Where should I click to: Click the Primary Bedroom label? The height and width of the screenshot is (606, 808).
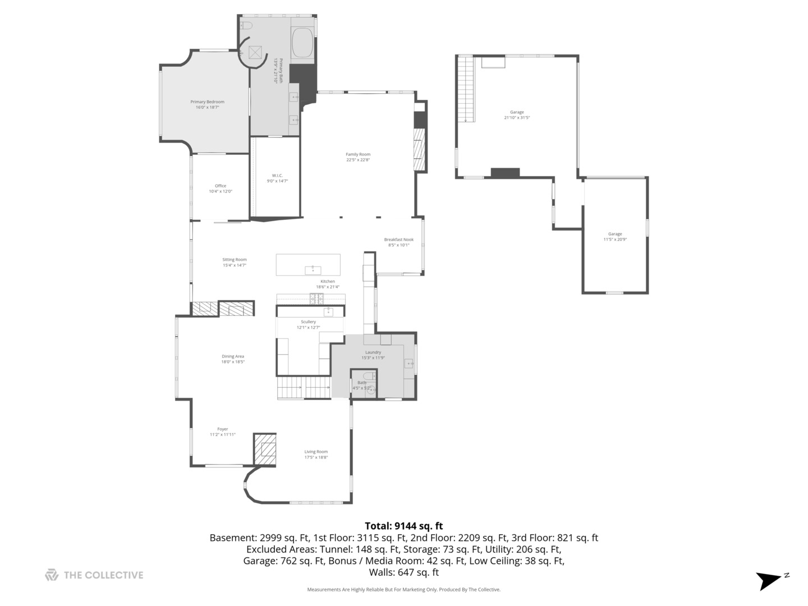[x=207, y=104]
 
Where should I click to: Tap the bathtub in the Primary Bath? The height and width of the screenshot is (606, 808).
[x=302, y=43]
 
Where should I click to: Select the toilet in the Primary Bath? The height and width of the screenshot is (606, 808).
[x=247, y=26]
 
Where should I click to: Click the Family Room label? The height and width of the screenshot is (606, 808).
[x=358, y=157]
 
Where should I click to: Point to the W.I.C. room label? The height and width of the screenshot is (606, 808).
[x=277, y=178]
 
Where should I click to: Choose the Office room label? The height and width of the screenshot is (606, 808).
[x=221, y=189]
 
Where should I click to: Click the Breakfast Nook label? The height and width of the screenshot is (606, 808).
[x=398, y=242]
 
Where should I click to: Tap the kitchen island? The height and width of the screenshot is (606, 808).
[x=308, y=265]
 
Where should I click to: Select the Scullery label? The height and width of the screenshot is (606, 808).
[x=308, y=324]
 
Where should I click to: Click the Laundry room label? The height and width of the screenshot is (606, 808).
[x=373, y=355]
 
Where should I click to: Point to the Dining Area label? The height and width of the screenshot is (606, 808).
[x=233, y=359]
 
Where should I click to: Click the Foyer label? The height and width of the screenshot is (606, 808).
[x=223, y=431]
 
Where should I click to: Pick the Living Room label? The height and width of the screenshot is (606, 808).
[x=316, y=454]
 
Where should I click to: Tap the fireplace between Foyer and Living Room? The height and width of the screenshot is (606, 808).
[x=266, y=449]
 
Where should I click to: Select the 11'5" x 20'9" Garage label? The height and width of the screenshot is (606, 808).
[x=615, y=237]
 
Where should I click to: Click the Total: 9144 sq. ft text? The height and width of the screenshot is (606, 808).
[x=403, y=526]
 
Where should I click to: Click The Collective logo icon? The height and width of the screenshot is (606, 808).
[x=52, y=575]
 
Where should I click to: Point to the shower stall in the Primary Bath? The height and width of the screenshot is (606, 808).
[x=256, y=52]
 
